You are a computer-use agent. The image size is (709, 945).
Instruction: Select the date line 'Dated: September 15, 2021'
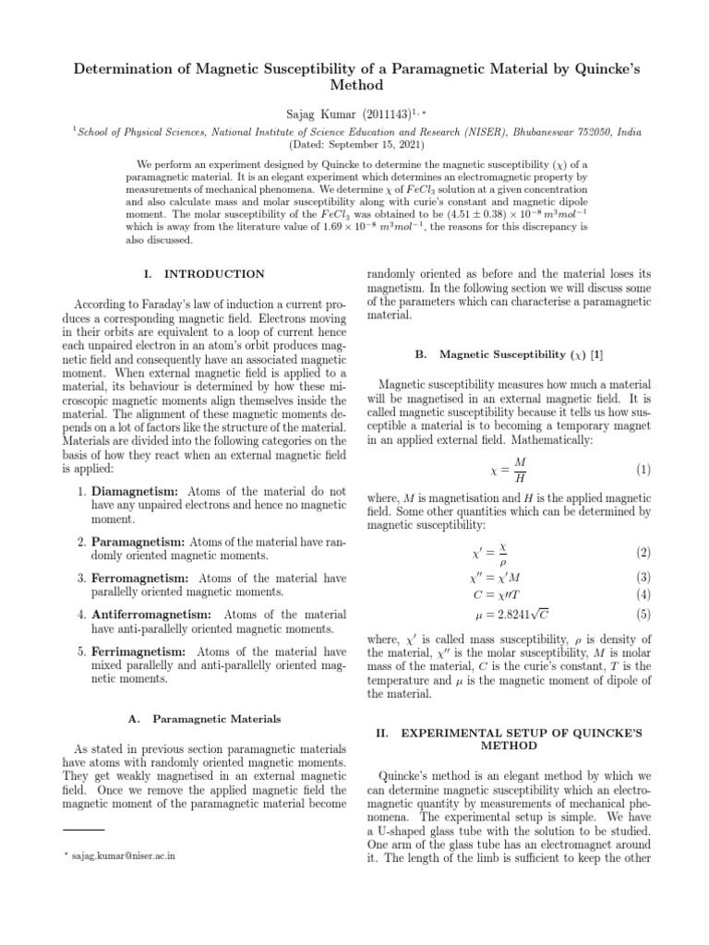[354, 146]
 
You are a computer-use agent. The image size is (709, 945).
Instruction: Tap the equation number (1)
[643, 469]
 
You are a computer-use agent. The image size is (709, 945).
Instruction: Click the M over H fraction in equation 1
[520, 469]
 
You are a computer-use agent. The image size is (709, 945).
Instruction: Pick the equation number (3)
[643, 577]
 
